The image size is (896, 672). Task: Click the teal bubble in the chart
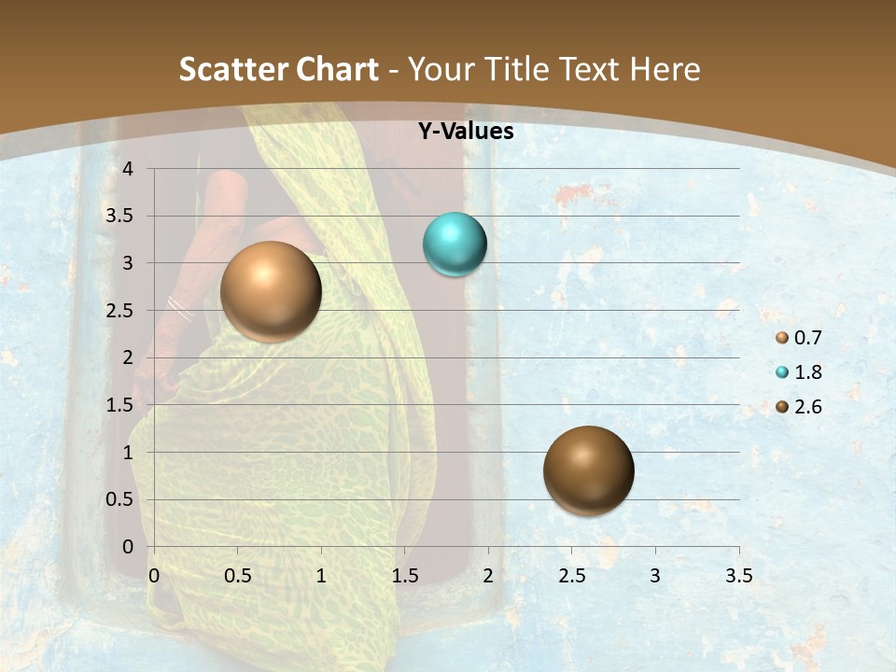(x=455, y=245)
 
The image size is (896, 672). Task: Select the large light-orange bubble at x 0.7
(x=271, y=291)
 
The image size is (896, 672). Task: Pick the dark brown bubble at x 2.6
(x=588, y=470)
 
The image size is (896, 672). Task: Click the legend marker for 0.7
(x=782, y=339)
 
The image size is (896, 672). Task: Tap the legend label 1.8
(x=808, y=373)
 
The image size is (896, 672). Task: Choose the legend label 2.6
(x=808, y=407)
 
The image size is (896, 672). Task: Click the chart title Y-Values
(x=466, y=132)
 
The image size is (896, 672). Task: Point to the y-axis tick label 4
(x=128, y=169)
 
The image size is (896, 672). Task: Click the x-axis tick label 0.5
(x=237, y=576)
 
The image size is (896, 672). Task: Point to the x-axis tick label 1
(x=321, y=576)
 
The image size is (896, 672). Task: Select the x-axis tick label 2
(x=488, y=576)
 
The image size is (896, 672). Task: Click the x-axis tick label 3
(x=655, y=576)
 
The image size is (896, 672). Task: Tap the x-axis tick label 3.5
(x=738, y=576)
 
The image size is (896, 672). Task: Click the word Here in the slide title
(x=665, y=69)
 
